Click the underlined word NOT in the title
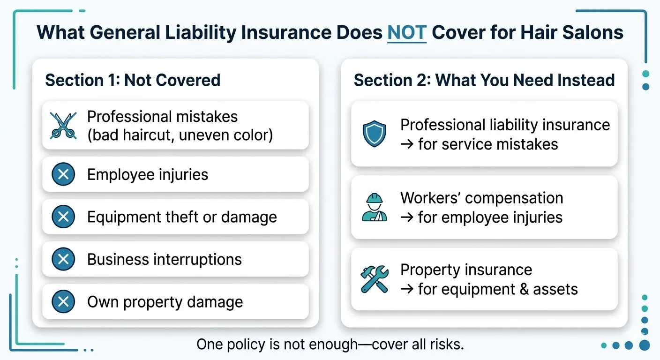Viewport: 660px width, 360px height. [407, 32]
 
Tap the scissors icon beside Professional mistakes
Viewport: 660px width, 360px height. [63, 126]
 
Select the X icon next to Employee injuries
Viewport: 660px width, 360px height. [63, 175]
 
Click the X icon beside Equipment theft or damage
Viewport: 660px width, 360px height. [63, 217]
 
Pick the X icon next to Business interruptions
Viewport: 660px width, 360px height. [63, 259]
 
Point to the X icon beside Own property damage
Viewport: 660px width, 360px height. [63, 302]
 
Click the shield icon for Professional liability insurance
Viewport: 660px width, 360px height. [375, 134]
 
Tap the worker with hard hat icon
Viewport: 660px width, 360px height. [375, 208]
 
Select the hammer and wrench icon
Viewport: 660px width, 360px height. [375, 279]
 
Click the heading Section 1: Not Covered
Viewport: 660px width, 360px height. [133, 80]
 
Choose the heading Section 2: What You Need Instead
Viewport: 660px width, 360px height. [484, 80]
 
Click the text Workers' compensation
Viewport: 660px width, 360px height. [481, 198]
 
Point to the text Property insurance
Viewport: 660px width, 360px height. [466, 270]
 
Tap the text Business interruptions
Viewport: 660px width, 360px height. [165, 259]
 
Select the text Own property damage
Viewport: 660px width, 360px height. [165, 302]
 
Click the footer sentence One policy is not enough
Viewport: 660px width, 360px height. [330, 345]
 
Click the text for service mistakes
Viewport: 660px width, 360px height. [480, 144]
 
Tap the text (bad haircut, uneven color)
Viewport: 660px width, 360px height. [180, 135]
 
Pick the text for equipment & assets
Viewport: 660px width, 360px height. [489, 289]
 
